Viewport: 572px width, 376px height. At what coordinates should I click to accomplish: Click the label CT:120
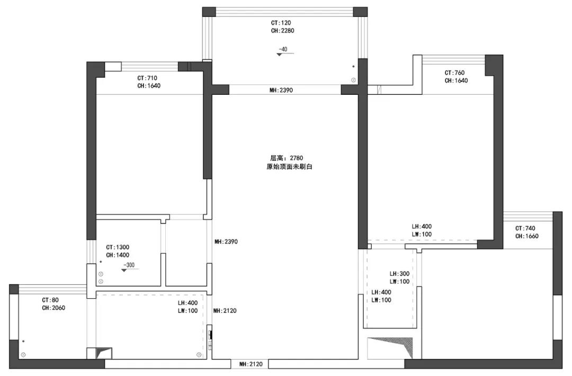(281, 23)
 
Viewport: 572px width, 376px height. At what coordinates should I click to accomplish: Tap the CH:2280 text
(282, 31)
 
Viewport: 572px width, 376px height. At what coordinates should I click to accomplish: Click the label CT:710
(147, 78)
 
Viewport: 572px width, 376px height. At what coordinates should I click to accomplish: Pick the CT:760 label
(454, 73)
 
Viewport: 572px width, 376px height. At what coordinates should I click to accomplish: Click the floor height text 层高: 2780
(287, 158)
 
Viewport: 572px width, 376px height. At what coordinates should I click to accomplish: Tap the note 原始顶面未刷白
(289, 167)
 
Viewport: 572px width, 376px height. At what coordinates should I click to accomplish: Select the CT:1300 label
(118, 247)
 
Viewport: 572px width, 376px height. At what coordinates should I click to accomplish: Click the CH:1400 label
(118, 255)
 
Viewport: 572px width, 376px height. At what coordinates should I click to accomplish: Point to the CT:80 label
(50, 300)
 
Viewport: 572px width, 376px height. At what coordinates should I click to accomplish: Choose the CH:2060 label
(53, 308)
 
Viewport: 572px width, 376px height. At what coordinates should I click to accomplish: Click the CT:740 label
(525, 229)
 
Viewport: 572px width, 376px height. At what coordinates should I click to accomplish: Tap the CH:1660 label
(527, 236)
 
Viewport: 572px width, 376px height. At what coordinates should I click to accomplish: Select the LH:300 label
(399, 274)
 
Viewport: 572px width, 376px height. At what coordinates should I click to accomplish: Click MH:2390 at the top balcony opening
(281, 90)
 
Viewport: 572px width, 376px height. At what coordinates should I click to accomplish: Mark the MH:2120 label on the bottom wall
(251, 364)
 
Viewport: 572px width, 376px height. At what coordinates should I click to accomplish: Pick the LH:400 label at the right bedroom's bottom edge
(422, 227)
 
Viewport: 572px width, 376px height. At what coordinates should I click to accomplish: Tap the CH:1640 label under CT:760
(456, 81)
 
